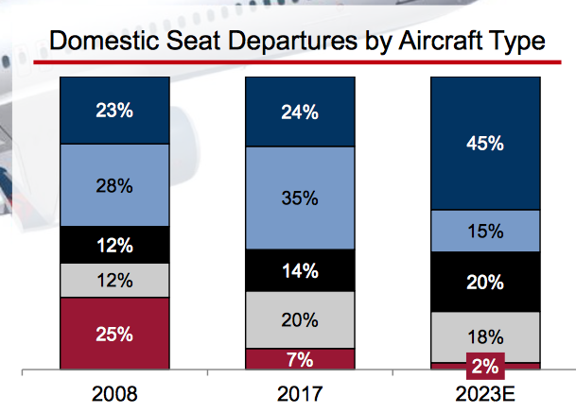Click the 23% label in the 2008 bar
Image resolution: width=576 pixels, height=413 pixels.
(114, 110)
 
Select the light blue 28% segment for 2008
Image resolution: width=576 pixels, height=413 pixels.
(114, 185)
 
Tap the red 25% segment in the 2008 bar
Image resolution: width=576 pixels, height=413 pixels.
(114, 334)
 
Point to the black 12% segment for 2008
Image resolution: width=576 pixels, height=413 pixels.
(114, 245)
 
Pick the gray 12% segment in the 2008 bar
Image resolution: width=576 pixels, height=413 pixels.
(114, 281)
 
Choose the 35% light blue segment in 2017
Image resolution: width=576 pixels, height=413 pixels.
(300, 199)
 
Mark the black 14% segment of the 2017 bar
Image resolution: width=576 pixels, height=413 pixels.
(300, 270)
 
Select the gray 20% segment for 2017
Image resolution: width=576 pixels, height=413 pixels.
(300, 319)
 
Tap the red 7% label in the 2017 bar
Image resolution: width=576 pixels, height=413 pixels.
(300, 359)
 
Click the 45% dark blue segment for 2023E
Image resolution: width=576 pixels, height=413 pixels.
(484, 145)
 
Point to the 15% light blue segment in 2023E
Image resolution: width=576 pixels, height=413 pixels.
(484, 231)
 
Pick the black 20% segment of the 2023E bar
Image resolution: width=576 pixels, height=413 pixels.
(484, 281)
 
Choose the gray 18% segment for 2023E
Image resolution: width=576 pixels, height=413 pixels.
(484, 336)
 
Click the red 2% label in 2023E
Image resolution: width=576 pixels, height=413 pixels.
(484, 365)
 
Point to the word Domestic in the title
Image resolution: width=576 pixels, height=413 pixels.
(104, 42)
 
